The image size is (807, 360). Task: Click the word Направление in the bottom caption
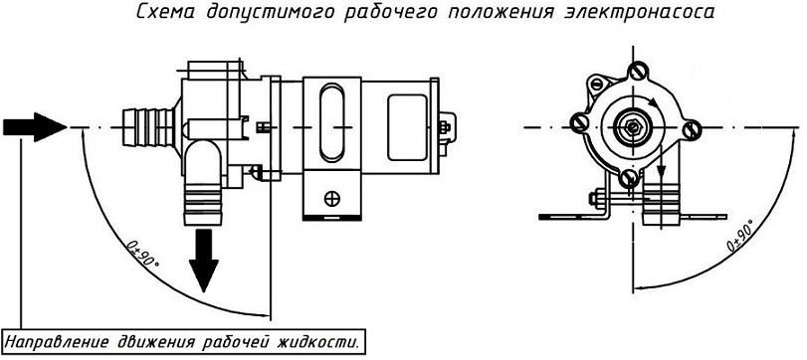[x=56, y=342]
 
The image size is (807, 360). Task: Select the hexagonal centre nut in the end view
[x=631, y=126]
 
